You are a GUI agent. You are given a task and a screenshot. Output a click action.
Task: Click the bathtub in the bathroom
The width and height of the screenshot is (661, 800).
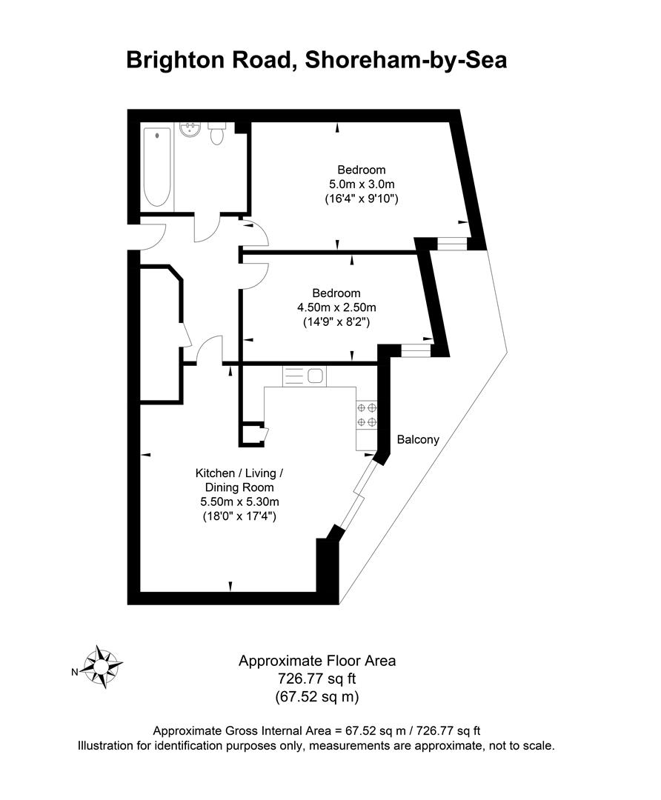pos(156,167)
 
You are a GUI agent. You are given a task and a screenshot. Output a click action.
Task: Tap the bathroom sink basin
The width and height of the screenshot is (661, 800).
pos(190,131)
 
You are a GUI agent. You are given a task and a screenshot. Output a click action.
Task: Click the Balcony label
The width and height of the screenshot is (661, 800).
pos(418,439)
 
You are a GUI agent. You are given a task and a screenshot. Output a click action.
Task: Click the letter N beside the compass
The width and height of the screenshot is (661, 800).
pos(74,673)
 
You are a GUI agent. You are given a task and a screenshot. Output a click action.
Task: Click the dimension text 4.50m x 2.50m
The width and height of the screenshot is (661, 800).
pos(336,307)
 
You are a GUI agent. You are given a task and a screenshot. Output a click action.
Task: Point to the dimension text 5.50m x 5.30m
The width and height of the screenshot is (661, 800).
pos(239,501)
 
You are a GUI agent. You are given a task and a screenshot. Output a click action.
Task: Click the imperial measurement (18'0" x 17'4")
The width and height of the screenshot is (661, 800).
pos(239,516)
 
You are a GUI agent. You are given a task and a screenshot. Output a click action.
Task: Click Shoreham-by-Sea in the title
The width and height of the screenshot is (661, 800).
pos(405,59)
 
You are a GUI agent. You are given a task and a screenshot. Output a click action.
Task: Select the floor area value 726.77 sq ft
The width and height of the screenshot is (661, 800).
pos(317,679)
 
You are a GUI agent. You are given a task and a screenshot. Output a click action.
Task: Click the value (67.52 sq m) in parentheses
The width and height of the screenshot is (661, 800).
pos(317,696)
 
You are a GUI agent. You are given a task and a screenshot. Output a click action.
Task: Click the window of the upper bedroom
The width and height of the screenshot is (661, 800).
pos(451,242)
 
